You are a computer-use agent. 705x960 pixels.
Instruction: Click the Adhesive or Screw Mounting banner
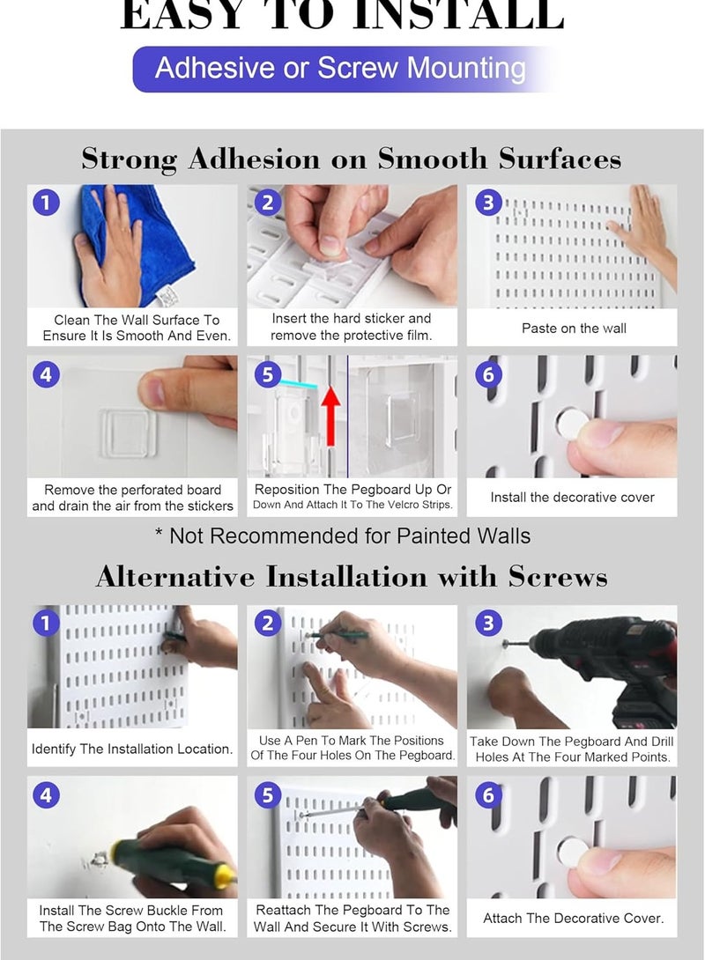340,69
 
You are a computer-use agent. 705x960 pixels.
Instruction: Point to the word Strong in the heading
130,159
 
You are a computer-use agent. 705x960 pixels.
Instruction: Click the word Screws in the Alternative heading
557,576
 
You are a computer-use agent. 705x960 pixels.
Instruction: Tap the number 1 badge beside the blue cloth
46,202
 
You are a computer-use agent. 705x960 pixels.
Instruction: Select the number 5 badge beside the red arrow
268,374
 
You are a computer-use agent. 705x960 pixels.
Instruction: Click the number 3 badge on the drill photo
488,624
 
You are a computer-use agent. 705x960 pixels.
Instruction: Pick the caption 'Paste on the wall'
574,329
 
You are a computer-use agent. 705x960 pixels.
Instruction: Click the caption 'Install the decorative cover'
572,497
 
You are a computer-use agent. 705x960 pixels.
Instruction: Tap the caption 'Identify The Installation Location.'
132,749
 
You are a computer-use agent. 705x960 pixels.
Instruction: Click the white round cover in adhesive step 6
572,425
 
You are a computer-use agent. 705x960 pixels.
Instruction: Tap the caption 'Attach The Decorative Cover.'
574,918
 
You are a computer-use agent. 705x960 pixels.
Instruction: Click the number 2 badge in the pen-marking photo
268,624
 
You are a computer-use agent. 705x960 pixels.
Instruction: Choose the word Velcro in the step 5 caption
401,505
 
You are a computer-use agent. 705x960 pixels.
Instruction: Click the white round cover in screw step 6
572,853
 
